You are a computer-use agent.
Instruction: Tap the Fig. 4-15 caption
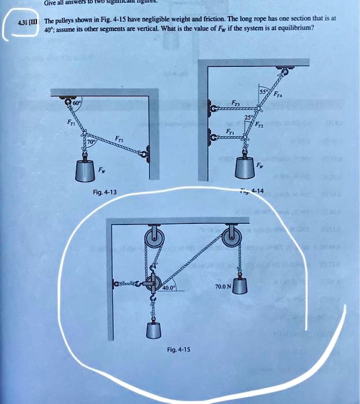tap(178, 349)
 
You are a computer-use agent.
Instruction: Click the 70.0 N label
tap(223, 286)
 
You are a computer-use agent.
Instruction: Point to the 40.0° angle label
tap(169, 287)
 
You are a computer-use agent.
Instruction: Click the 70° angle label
tap(91, 141)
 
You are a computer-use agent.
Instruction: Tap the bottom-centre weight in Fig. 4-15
tap(154, 330)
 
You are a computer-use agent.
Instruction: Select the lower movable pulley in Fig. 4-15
tap(152, 283)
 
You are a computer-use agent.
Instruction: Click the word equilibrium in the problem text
tap(296, 27)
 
